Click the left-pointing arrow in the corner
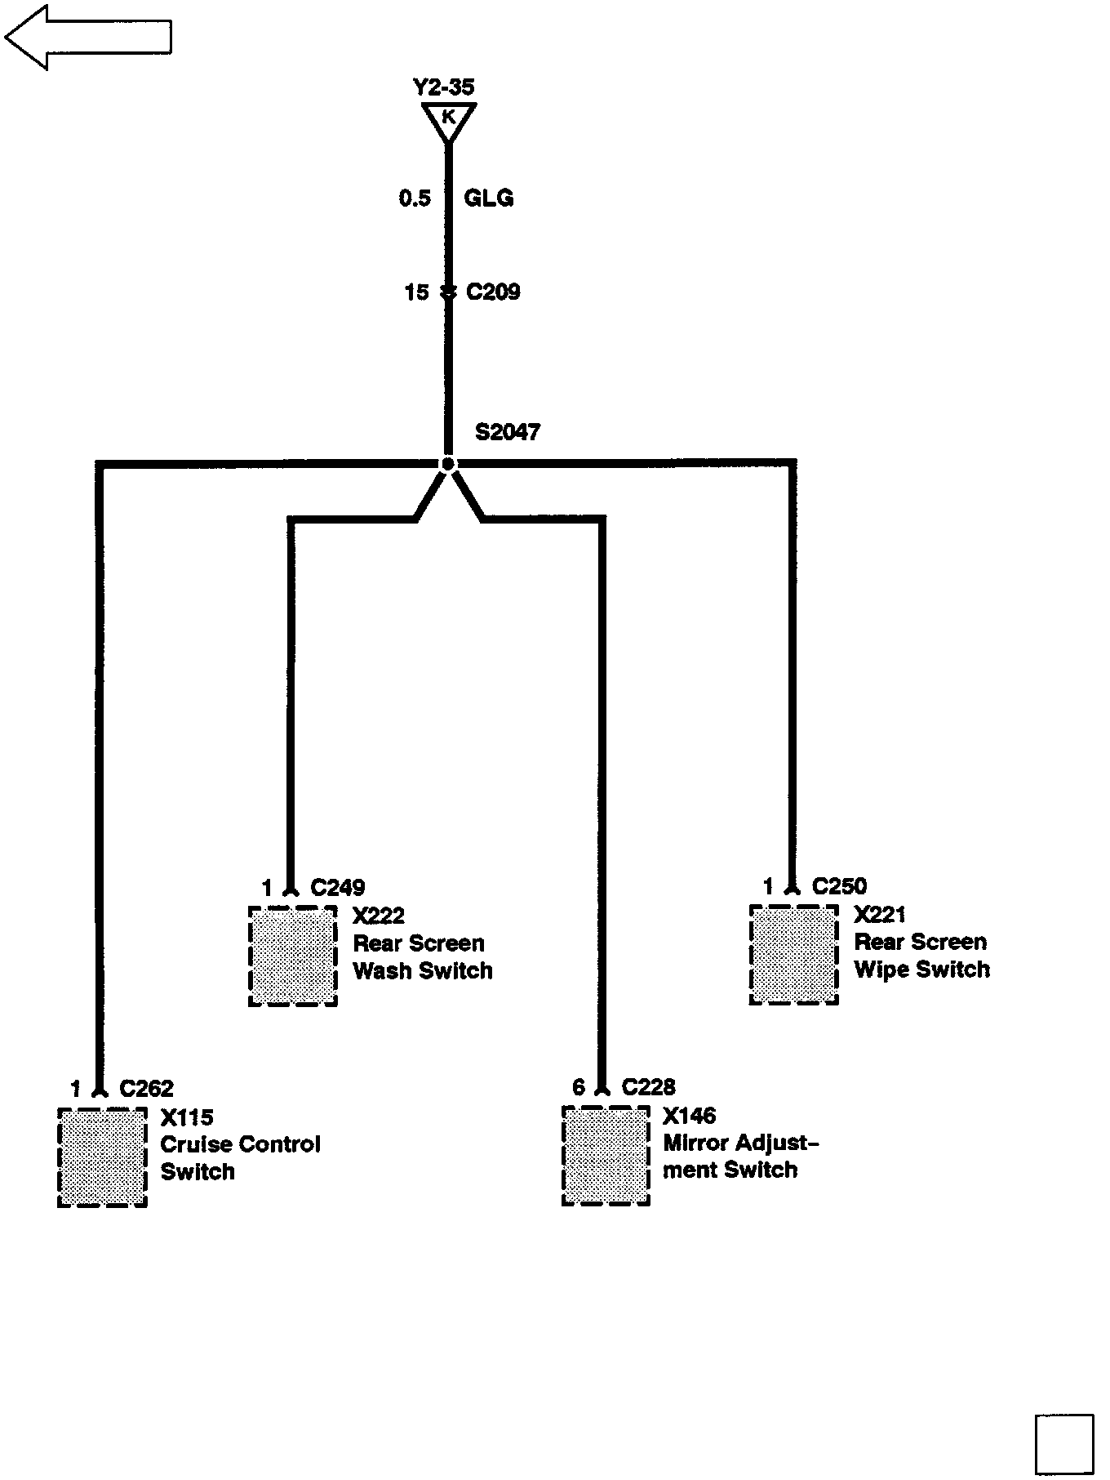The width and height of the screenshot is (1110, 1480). click(87, 37)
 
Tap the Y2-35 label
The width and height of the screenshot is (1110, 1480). click(443, 87)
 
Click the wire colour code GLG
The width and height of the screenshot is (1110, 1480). click(488, 198)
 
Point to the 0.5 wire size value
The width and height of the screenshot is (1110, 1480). click(415, 198)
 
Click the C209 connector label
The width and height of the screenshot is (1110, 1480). click(493, 292)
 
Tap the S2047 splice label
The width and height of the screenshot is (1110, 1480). click(507, 432)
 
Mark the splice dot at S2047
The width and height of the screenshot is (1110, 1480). click(447, 464)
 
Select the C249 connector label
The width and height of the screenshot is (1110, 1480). click(338, 888)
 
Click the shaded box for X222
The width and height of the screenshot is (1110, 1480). click(293, 956)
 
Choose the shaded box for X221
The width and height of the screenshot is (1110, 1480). click(794, 954)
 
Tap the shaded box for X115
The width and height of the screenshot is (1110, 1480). click(102, 1157)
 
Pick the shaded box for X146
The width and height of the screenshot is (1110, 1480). click(606, 1155)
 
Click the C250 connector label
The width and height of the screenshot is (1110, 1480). click(839, 886)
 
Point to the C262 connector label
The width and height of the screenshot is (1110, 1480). click(146, 1089)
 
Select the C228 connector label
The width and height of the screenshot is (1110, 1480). click(648, 1087)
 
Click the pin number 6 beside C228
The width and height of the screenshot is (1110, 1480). click(579, 1087)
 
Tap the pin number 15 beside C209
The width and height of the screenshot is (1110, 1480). click(416, 292)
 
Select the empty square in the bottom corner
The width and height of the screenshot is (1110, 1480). click(1063, 1443)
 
